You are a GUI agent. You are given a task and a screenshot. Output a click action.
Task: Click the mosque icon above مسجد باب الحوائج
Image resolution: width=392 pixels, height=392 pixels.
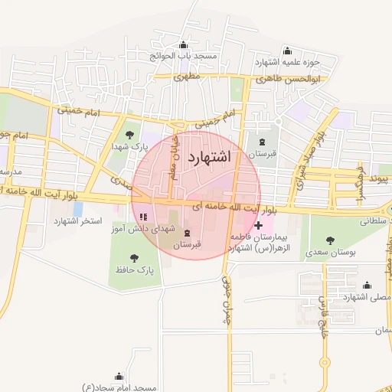[x=183, y=45]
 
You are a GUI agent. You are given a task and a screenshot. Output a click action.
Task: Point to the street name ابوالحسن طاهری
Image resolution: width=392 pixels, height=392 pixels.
[x=292, y=78]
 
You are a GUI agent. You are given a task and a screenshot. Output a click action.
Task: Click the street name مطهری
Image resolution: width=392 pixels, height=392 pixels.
[x=186, y=77]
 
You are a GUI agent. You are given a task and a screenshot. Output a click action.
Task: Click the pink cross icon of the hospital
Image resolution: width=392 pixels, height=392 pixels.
[x=259, y=225]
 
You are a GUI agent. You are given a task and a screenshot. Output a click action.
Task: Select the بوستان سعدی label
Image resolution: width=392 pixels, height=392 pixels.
[x=331, y=251]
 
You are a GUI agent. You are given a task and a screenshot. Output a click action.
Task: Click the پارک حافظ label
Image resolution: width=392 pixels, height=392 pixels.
[x=136, y=270]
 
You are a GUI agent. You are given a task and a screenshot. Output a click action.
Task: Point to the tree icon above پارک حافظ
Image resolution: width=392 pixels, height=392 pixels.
[x=135, y=258]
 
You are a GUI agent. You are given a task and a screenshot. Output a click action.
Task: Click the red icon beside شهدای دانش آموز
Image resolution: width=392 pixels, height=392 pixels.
[x=143, y=227]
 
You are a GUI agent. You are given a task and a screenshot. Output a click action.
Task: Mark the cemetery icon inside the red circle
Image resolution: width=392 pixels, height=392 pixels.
[x=188, y=233]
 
